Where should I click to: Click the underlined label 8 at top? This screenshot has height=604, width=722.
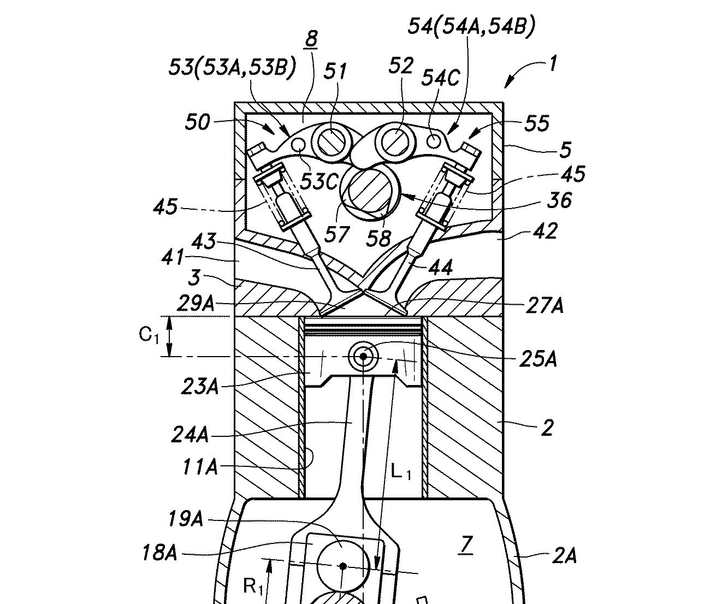pyautogui.click(x=311, y=39)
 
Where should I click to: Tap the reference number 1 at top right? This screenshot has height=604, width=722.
pyautogui.click(x=553, y=63)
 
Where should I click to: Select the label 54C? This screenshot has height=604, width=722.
pyautogui.click(x=440, y=78)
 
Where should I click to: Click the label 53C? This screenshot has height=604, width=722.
pyautogui.click(x=318, y=181)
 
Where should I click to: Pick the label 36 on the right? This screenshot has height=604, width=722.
pyautogui.click(x=559, y=200)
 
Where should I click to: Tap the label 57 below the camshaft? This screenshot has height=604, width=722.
pyautogui.click(x=337, y=234)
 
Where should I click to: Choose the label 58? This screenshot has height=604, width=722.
pyautogui.click(x=378, y=238)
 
